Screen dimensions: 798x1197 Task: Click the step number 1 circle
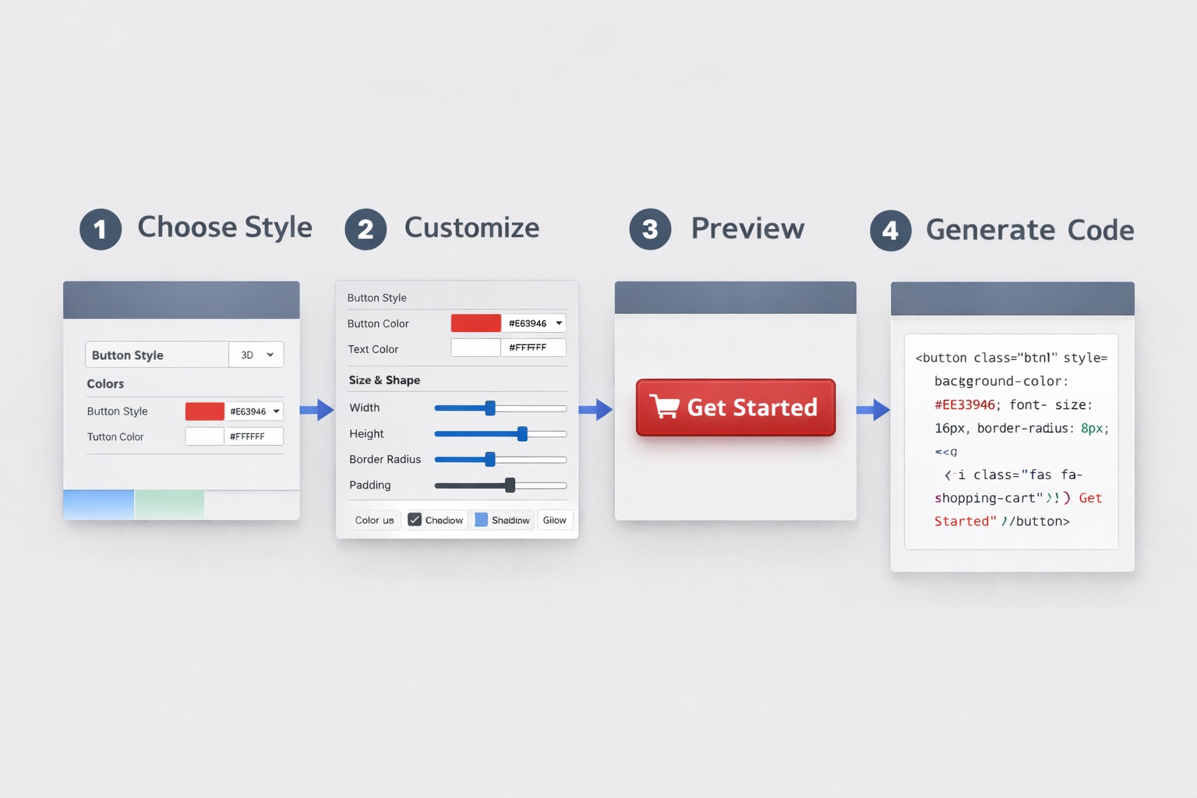(101, 229)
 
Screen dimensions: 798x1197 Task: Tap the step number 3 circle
(650, 229)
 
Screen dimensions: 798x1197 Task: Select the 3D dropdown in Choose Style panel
(256, 355)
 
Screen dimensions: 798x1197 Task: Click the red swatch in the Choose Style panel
(204, 411)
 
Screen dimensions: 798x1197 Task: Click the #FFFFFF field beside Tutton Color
(253, 436)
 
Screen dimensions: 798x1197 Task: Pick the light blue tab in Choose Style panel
(98, 504)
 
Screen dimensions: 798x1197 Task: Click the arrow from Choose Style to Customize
(317, 409)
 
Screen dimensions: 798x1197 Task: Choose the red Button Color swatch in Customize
(475, 323)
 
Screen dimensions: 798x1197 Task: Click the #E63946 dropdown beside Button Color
(534, 323)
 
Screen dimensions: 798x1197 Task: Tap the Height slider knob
(522, 434)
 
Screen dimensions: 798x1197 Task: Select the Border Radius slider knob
(490, 460)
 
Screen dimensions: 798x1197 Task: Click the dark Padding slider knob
(510, 486)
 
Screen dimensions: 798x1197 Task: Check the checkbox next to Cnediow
(415, 520)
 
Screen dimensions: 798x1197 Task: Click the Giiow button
(555, 520)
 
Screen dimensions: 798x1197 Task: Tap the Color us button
(374, 520)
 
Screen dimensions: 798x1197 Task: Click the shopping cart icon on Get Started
(665, 407)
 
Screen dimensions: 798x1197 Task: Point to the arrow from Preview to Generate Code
(873, 409)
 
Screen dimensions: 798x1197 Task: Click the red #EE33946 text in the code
(965, 404)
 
